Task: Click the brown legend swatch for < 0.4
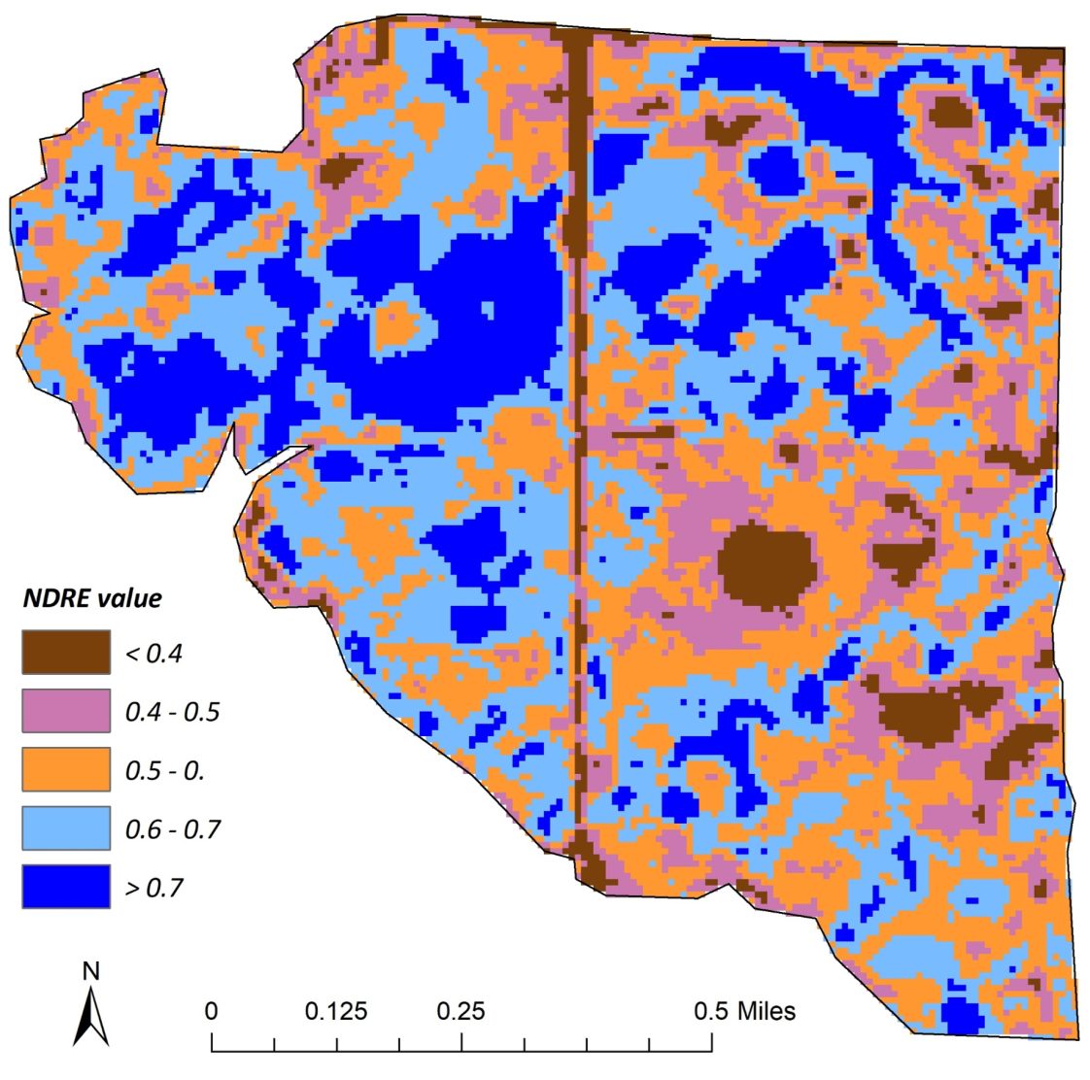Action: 66,652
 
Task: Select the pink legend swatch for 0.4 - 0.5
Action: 66,711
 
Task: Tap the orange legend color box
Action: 66,769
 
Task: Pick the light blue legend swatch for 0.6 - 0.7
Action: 66,827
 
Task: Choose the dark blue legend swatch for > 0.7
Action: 66,886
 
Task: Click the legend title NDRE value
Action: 92,597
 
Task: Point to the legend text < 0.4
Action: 153,653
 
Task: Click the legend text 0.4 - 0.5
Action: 173,712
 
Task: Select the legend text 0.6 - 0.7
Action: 173,828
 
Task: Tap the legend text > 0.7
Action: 153,887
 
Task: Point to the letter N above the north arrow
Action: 90,970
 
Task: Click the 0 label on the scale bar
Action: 212,1011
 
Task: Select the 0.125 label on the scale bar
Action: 336,1011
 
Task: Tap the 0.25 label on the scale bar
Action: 460,1011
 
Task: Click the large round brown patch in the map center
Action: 767,566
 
